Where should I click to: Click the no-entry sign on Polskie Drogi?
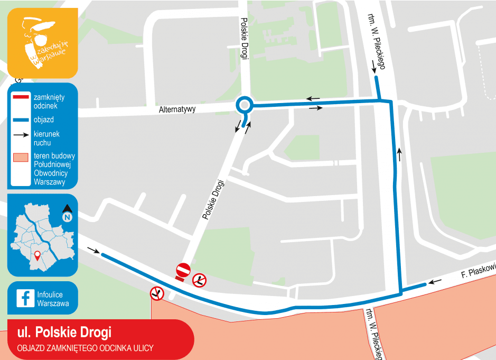click(x=183, y=270)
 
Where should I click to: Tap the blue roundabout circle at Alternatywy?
click(x=244, y=105)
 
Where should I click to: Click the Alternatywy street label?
click(x=177, y=109)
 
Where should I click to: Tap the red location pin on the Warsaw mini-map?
click(x=37, y=257)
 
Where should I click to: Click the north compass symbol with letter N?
click(x=68, y=214)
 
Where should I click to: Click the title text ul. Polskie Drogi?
click(x=64, y=332)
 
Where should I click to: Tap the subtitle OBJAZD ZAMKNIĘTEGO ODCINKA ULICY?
click(x=85, y=348)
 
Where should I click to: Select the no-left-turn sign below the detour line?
click(x=156, y=293)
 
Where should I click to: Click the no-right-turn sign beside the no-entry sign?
click(x=199, y=280)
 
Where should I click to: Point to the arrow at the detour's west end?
click(x=92, y=251)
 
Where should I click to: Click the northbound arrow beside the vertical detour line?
click(x=399, y=154)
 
